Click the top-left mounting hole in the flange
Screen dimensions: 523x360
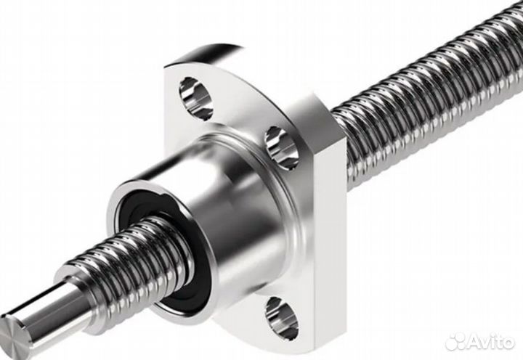[x=196, y=98]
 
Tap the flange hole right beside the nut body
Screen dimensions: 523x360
[x=282, y=147]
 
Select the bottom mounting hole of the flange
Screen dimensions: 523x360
[x=282, y=319]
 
